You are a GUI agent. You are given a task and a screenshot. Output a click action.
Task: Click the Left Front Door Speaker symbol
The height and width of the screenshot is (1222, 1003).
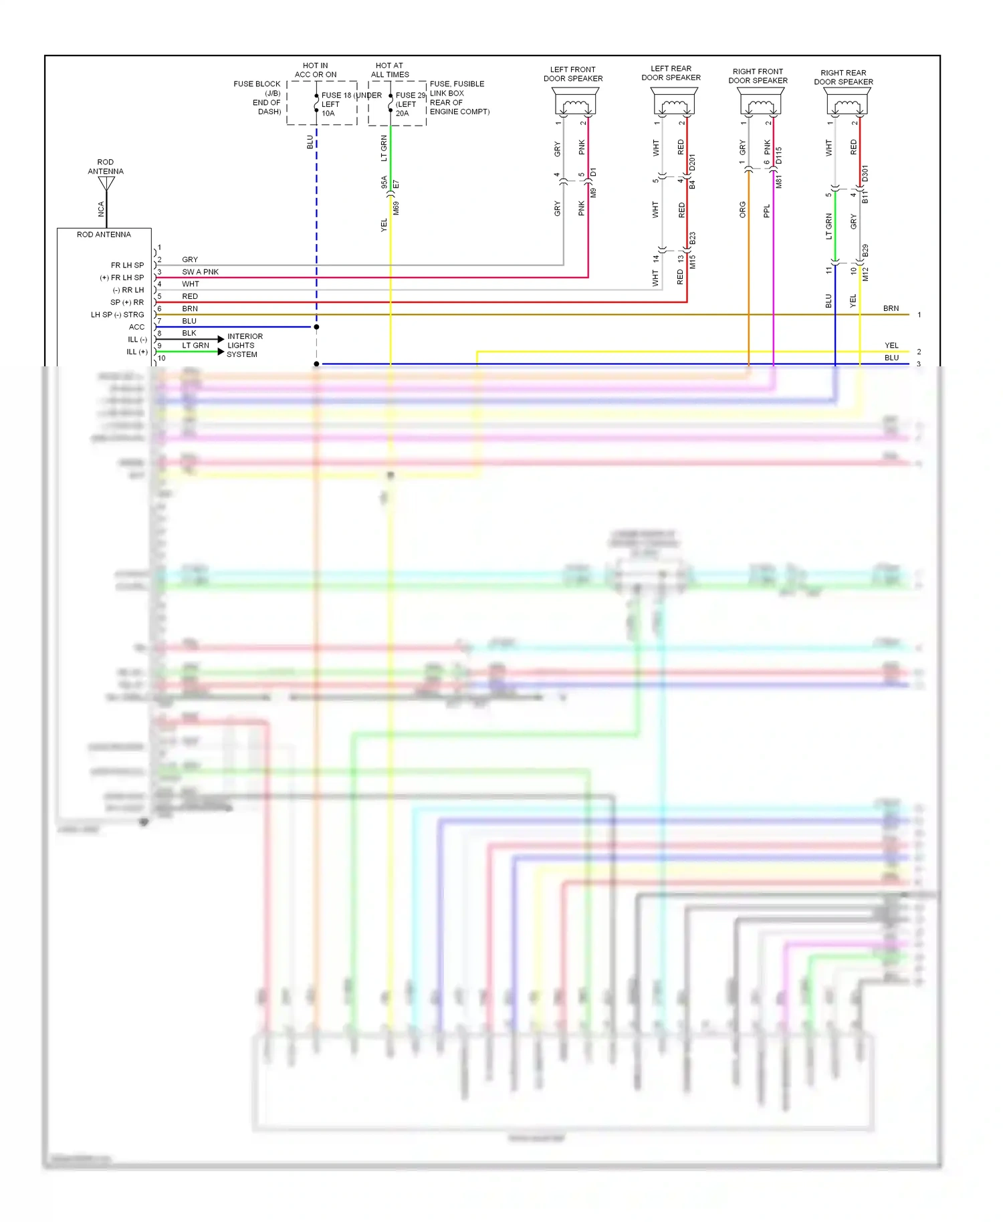575,102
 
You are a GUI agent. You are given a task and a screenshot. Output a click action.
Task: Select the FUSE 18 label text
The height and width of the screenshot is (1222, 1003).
336,96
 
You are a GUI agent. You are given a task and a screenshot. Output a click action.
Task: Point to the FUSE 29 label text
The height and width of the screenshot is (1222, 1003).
410,96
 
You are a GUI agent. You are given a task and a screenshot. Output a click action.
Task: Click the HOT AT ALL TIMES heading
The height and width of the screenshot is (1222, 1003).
390,70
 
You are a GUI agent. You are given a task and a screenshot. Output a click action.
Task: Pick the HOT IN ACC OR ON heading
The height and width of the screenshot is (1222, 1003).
316,70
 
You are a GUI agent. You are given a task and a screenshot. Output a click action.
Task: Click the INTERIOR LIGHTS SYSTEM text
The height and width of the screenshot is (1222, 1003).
243,346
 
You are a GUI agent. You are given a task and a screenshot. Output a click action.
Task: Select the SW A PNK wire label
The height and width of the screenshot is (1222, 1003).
200,272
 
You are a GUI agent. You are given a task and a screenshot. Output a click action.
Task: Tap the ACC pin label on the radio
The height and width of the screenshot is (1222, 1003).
136,327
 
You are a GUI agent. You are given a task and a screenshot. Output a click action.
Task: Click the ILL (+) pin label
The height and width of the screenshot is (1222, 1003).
137,352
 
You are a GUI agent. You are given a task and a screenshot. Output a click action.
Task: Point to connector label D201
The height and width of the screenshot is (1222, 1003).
692,162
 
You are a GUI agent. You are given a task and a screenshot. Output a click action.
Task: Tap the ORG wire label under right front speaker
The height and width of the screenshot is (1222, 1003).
742,209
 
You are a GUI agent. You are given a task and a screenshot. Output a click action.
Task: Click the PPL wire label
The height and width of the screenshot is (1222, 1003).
767,211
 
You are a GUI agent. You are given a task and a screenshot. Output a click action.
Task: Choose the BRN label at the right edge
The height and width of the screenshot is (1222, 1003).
891,308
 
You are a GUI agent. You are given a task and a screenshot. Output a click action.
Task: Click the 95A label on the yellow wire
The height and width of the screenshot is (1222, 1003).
384,182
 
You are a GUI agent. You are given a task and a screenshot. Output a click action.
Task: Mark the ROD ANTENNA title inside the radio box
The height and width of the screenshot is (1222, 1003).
104,235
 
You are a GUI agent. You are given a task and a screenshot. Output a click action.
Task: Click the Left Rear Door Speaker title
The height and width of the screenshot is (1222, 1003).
671,73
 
